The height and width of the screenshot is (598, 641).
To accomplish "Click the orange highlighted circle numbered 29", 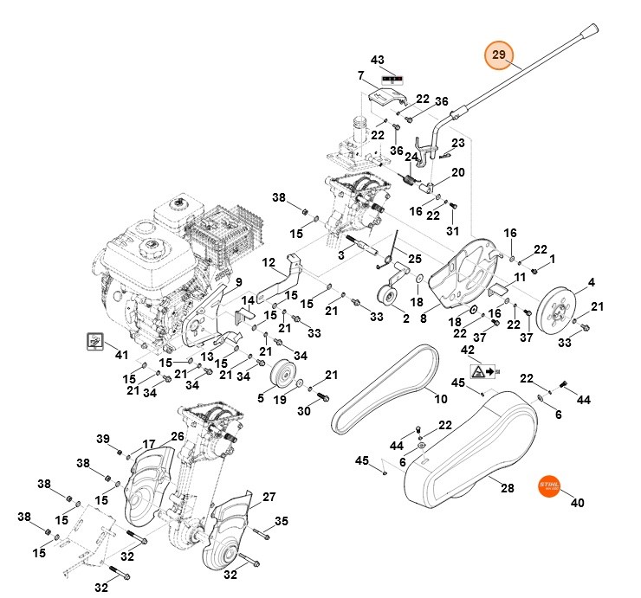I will coord(498,56).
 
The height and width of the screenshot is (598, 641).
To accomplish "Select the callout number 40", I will coord(576,502).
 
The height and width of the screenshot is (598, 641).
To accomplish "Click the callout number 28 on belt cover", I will coord(508,488).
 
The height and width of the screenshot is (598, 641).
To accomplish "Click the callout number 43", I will coord(377,60).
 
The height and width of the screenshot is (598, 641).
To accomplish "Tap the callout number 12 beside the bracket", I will coord(269,261).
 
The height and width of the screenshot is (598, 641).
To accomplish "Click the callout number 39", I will coord(103,438).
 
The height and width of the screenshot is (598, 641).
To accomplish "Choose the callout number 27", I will coord(269,497).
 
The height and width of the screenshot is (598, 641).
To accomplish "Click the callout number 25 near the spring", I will coord(415,259).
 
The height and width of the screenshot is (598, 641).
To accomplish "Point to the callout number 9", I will coord(239,282).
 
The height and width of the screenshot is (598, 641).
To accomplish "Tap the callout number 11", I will coord(520,277).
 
